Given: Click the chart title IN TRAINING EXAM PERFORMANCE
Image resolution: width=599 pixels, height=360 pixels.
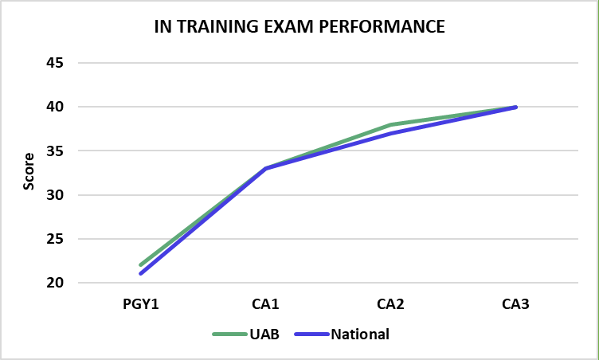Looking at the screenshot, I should click(x=299, y=26).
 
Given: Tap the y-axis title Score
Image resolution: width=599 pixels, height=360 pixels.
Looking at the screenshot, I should click(x=29, y=171).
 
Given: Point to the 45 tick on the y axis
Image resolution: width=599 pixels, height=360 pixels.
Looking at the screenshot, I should click(x=63, y=63).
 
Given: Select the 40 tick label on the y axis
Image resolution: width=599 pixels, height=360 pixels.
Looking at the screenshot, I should click(x=63, y=107).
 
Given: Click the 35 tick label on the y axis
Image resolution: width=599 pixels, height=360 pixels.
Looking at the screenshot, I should click(x=63, y=151).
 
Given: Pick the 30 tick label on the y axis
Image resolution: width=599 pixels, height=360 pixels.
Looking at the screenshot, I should click(x=63, y=195).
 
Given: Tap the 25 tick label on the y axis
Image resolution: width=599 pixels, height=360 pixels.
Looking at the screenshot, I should click(x=63, y=239).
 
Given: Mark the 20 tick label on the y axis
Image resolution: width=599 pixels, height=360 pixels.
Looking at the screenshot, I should click(x=63, y=283).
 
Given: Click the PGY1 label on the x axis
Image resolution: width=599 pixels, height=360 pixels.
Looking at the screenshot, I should click(x=140, y=303).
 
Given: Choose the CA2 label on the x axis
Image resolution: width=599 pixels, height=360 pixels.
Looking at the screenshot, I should click(x=390, y=303).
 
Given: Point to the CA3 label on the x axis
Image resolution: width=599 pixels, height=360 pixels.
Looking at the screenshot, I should click(x=516, y=303).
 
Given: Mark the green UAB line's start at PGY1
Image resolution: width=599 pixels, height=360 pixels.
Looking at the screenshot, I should click(x=140, y=265).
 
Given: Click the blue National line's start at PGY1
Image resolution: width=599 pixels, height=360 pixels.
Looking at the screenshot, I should click(x=140, y=274).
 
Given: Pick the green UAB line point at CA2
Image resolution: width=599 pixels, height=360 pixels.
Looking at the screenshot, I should click(x=390, y=125).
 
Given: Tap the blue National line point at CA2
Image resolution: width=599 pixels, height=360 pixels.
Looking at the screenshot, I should click(x=390, y=133).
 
